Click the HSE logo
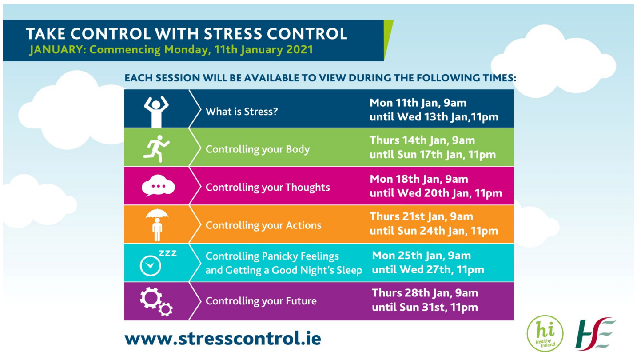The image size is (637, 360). coord(595,333)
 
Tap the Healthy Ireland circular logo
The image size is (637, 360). coord(545,333)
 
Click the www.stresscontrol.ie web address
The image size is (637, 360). coord(223,338)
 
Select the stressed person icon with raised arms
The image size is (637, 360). coord(156,112)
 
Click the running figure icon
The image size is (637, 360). coord(156,148)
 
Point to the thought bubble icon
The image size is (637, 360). coord(158,185)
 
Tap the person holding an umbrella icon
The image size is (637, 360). coord(157,225)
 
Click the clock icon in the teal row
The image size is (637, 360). coord(151,266)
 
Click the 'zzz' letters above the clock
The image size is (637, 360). coord(168,253)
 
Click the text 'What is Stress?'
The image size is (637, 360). coord(242,112)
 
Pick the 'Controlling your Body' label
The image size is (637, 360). coord(258,149)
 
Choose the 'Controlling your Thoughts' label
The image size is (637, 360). coord(267,188)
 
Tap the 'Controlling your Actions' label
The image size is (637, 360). coord(263,225)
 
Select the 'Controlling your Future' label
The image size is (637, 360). coord(261,301)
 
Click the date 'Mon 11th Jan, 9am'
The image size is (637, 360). coord(418,103)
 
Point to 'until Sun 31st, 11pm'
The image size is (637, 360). coord(425,308)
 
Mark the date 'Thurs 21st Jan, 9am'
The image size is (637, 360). coord(422,216)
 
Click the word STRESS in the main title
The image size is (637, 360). coord(233,34)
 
